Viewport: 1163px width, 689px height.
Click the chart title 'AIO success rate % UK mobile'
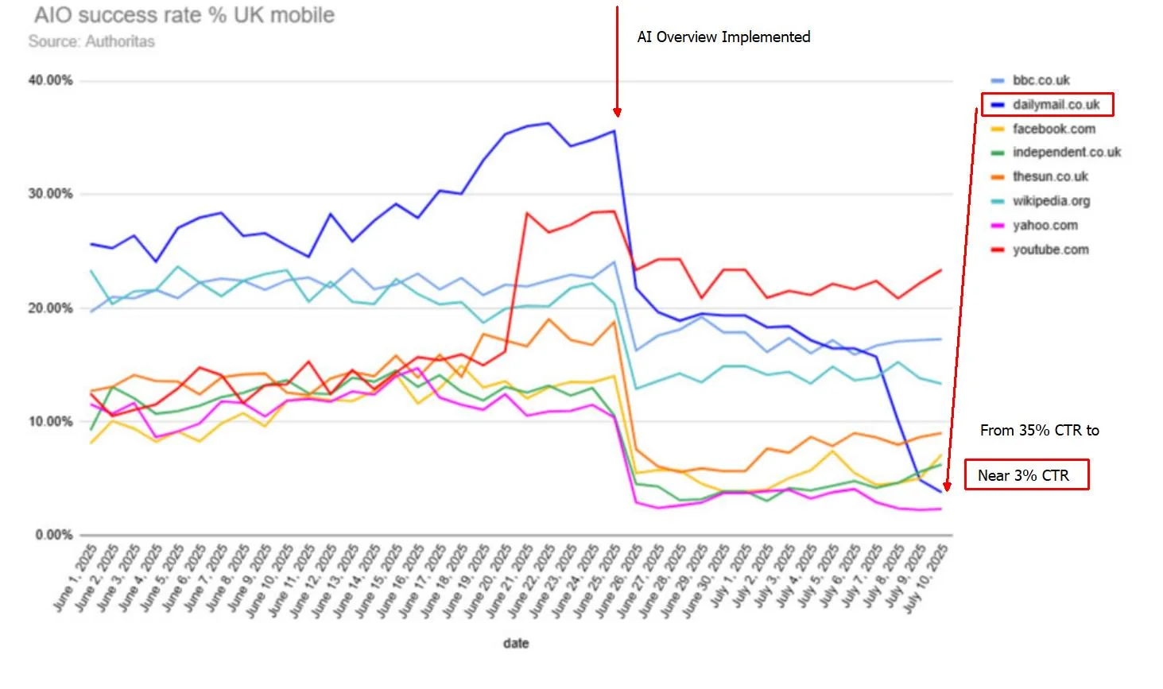coord(184,15)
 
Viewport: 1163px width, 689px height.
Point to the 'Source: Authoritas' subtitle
coord(91,41)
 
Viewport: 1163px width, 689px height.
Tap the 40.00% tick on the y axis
coord(50,80)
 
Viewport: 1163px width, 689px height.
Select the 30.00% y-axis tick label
coord(50,194)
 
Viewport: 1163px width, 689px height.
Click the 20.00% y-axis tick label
coord(50,308)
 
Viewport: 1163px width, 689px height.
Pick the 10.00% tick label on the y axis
coord(50,421)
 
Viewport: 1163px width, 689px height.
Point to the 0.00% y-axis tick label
coord(54,535)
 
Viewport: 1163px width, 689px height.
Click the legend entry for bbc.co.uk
coord(1030,80)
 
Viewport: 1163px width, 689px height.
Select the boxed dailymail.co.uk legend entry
coord(1047,105)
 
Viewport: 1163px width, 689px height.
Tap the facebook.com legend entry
coord(1044,129)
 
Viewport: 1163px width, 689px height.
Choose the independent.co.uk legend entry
coord(1056,152)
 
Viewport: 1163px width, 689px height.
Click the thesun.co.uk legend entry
coord(1040,176)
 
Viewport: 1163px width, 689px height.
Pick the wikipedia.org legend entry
coord(1041,201)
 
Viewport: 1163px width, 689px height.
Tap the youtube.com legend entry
coord(1040,250)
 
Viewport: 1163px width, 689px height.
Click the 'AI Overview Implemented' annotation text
coord(723,37)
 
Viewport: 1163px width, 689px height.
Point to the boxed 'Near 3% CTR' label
coord(1026,474)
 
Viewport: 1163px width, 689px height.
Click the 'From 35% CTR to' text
coord(1040,431)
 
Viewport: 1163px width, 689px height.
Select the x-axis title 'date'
coord(516,644)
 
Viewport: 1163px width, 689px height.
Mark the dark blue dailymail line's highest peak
coord(549,123)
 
